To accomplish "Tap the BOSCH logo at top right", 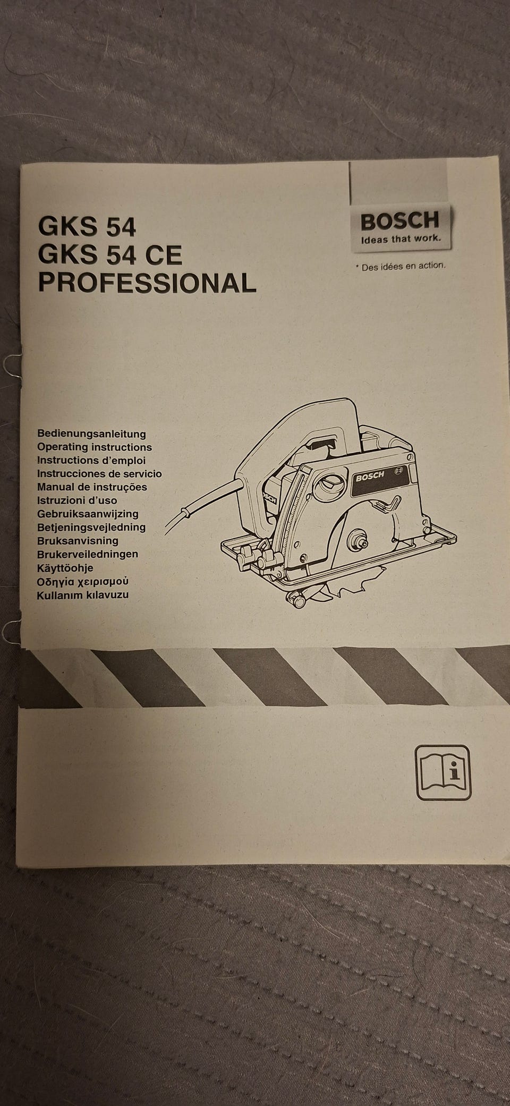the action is click(x=400, y=219).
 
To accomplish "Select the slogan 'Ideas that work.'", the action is click(x=401, y=239).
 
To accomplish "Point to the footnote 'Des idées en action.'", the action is click(x=401, y=266).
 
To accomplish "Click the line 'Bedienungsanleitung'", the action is click(x=91, y=434).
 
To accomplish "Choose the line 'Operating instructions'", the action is click(x=95, y=447).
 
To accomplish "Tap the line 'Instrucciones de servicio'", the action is click(x=99, y=473).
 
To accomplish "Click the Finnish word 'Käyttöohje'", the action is click(x=65, y=568).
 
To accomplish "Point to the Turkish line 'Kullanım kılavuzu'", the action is click(x=82, y=595).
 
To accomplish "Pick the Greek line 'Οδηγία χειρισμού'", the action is click(x=82, y=582).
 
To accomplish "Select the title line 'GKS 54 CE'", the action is click(x=109, y=255).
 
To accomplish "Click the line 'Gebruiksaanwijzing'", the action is click(x=88, y=514).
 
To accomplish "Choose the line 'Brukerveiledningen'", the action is click(x=88, y=554).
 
